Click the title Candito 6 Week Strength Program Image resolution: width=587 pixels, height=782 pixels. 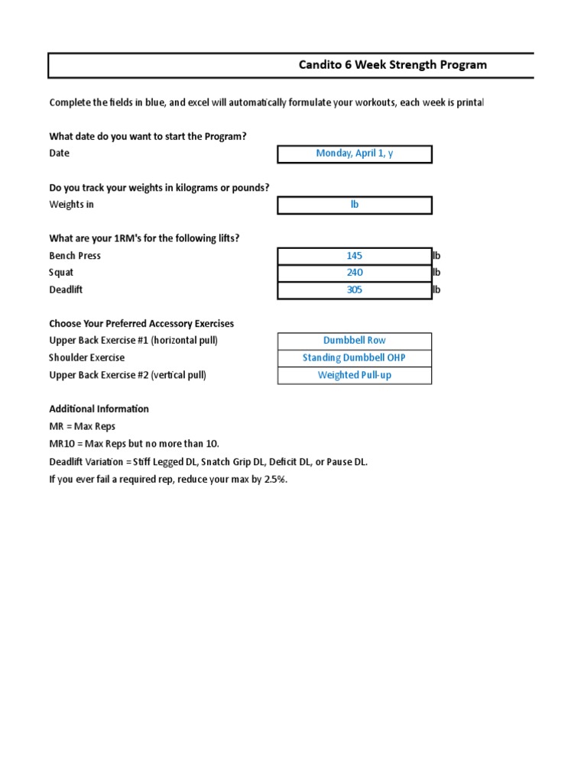tap(392, 65)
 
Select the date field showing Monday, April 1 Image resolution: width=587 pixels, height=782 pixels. tap(355, 153)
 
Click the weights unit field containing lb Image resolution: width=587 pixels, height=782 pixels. tap(355, 205)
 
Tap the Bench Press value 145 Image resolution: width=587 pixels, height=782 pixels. tap(355, 256)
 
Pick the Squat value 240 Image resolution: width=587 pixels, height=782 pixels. tap(355, 273)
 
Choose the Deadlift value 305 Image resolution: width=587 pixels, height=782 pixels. tap(355, 290)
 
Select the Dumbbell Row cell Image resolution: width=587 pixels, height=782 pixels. tap(355, 341)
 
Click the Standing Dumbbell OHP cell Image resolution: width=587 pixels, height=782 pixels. tap(355, 358)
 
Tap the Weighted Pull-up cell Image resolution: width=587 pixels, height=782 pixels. tap(355, 375)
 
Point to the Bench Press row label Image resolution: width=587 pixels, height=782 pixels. tap(75, 256)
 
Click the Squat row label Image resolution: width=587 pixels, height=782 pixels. tap(63, 273)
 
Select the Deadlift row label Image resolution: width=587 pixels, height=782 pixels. tap(66, 290)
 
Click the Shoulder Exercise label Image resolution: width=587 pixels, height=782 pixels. tap(87, 358)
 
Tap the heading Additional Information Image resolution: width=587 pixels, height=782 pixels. tap(99, 409)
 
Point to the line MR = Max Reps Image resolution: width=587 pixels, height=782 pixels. tap(83, 426)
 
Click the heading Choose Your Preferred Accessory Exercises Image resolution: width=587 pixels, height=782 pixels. tap(141, 324)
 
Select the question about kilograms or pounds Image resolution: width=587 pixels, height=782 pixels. tap(159, 188)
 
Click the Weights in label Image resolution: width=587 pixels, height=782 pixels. tap(72, 205)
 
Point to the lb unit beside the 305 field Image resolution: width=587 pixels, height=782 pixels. tap(436, 290)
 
